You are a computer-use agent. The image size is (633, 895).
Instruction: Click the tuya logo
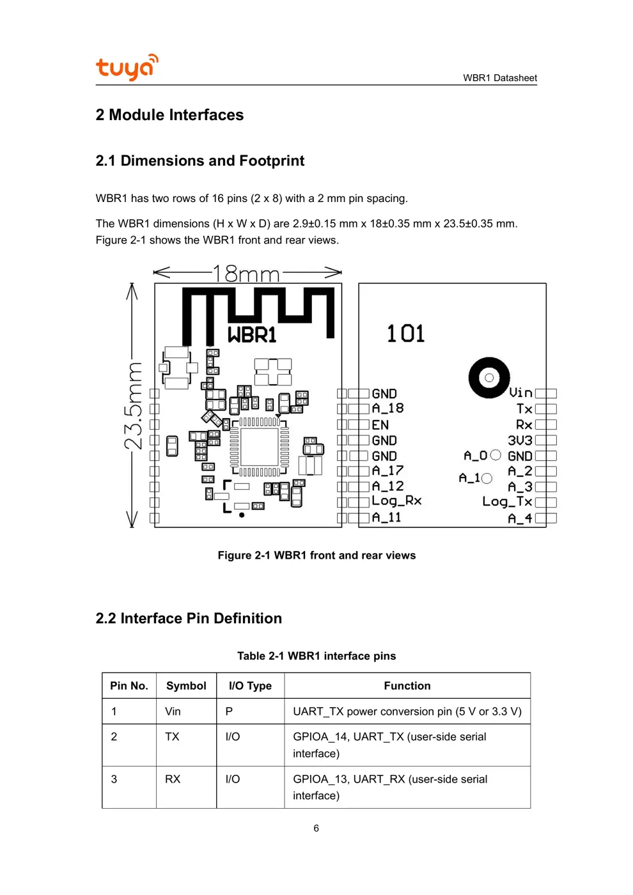(x=127, y=67)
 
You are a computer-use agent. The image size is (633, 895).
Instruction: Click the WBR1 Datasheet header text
(x=499, y=78)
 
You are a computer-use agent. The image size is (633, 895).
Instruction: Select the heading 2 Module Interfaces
(x=169, y=115)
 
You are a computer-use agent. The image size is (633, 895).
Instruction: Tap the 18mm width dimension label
(x=246, y=274)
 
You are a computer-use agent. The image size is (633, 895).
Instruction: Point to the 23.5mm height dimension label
(x=133, y=406)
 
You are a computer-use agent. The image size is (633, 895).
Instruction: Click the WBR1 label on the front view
(x=252, y=334)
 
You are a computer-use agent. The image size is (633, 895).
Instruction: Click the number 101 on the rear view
(x=405, y=334)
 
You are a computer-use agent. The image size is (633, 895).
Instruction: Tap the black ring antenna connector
(x=489, y=378)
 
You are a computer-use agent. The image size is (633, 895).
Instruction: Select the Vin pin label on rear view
(x=520, y=393)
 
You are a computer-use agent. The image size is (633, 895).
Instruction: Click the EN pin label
(x=380, y=425)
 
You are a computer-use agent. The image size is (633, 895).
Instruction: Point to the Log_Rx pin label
(x=396, y=501)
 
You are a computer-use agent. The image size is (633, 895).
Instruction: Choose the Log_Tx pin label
(x=507, y=502)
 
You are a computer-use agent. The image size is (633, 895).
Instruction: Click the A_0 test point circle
(x=496, y=455)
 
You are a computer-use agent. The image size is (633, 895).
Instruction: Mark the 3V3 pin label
(x=520, y=440)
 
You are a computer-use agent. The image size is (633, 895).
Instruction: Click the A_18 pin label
(x=387, y=409)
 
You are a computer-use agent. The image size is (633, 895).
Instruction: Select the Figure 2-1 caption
(x=316, y=556)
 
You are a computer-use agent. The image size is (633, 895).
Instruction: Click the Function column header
(x=407, y=686)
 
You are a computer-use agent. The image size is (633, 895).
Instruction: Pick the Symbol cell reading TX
(x=172, y=737)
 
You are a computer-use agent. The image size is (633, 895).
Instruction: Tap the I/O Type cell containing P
(x=229, y=712)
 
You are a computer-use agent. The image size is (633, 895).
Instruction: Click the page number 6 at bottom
(x=316, y=829)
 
